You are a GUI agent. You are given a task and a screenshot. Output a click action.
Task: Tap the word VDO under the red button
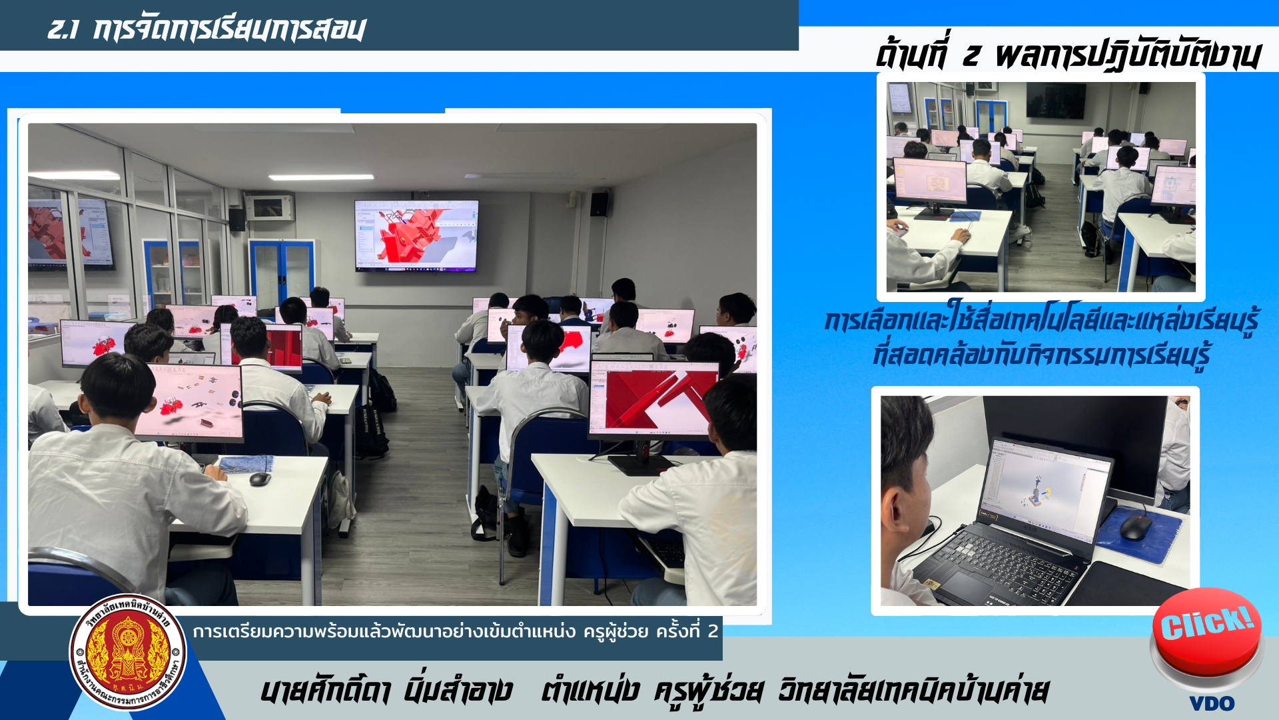click(x=1212, y=703)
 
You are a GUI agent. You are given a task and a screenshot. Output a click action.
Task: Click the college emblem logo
click(x=128, y=652)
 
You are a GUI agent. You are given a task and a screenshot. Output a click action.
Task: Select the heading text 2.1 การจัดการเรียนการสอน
click(x=207, y=29)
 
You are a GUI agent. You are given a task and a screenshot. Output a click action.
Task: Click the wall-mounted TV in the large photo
click(x=416, y=235)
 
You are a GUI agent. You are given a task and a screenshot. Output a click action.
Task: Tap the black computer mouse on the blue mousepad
click(x=1136, y=528)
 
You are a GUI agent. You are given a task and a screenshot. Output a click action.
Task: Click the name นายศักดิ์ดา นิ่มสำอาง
click(x=386, y=690)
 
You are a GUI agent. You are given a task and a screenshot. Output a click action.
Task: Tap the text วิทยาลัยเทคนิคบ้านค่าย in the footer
click(x=913, y=690)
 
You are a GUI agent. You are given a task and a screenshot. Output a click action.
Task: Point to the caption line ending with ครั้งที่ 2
click(x=455, y=631)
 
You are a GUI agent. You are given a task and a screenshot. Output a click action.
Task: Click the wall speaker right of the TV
click(x=599, y=204)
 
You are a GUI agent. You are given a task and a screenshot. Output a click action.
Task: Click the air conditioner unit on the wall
click(x=268, y=207)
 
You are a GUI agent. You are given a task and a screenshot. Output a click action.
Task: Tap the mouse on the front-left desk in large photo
click(x=260, y=479)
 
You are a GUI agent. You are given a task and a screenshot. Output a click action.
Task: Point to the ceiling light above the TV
click(x=321, y=177)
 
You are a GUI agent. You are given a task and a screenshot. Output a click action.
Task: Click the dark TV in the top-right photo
click(x=1055, y=101)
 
